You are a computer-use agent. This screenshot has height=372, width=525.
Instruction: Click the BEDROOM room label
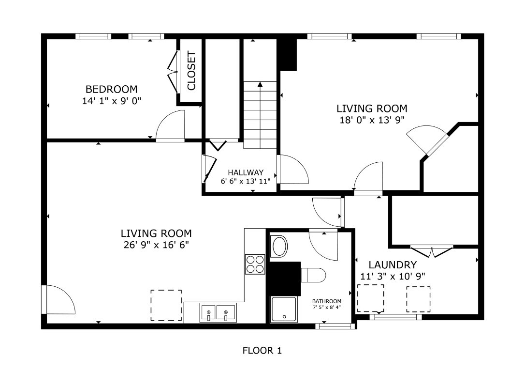(x=111, y=89)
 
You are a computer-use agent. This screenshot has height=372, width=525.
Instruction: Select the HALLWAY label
(x=246, y=172)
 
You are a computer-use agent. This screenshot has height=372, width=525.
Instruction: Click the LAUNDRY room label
(x=393, y=265)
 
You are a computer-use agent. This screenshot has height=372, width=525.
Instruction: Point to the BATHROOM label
(x=326, y=301)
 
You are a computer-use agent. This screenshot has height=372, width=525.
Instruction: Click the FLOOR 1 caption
(x=262, y=350)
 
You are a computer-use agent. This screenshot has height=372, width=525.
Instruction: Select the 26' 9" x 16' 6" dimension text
(x=156, y=245)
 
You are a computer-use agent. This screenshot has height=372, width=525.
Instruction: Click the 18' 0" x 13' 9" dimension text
(x=372, y=120)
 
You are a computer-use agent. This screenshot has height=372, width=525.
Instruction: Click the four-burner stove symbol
(x=255, y=264)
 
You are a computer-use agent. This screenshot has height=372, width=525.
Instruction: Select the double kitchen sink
(x=218, y=312)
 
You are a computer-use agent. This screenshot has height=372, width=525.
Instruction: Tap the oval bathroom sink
(x=279, y=247)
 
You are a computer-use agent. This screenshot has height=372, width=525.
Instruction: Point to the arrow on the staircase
(x=260, y=85)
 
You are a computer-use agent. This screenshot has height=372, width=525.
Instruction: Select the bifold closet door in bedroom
(x=173, y=69)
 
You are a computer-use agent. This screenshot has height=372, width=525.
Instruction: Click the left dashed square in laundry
(x=370, y=298)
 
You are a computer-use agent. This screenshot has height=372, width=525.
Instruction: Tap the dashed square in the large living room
(x=166, y=305)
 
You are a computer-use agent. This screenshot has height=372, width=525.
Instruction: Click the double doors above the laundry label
(x=432, y=252)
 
